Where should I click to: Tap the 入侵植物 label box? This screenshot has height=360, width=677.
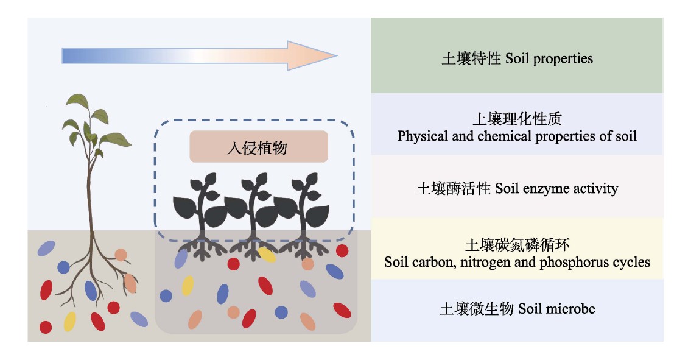(x=259, y=147)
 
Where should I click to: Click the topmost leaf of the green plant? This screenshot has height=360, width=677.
(x=78, y=102)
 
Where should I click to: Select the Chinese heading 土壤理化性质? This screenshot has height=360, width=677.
(x=517, y=118)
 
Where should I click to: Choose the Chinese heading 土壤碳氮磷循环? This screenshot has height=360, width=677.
(x=517, y=245)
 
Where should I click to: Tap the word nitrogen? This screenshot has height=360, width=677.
(x=497, y=263)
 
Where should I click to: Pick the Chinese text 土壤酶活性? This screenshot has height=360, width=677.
(x=454, y=188)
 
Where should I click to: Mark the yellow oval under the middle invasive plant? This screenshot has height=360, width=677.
(x=267, y=255)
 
